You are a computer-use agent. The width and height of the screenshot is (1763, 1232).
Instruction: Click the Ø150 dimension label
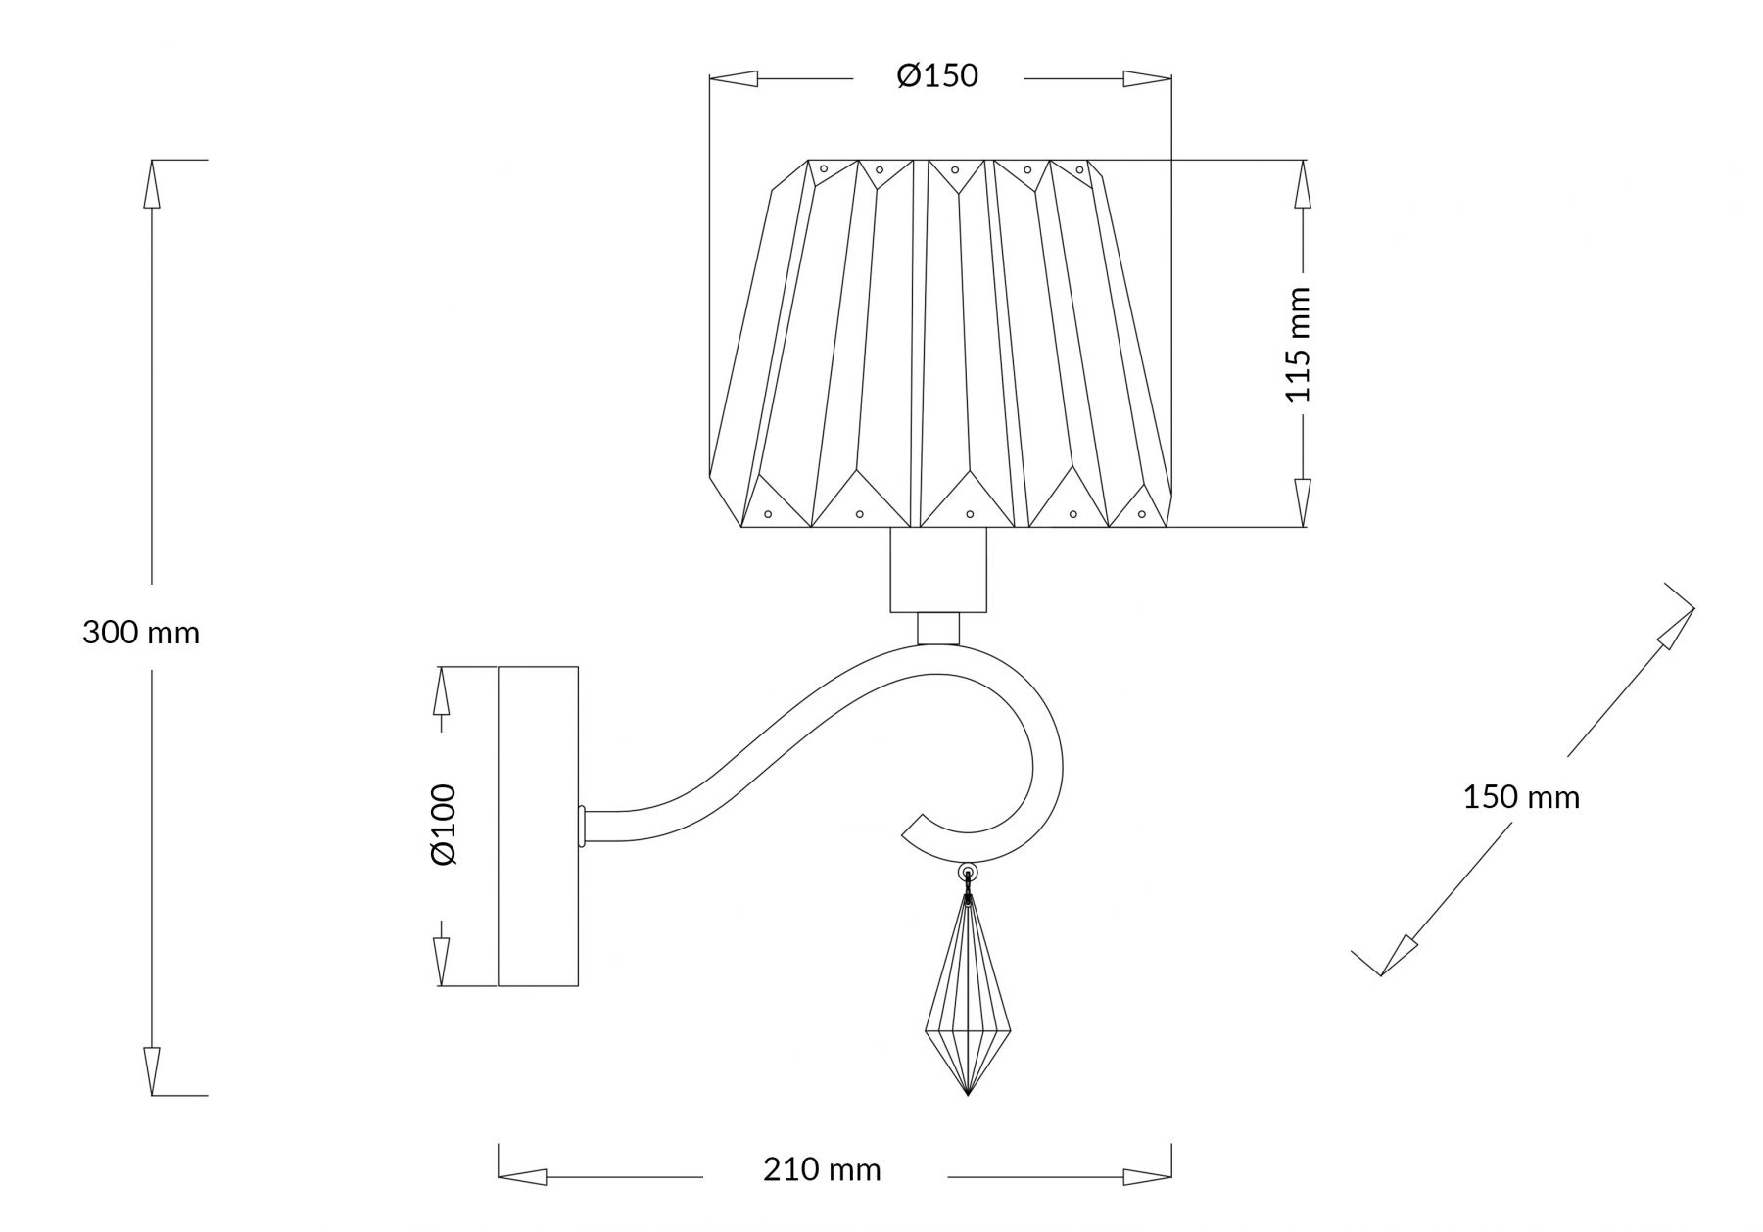(x=937, y=75)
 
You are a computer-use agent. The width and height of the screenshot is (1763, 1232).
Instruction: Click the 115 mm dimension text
(x=1298, y=345)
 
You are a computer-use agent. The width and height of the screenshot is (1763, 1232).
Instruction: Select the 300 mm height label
(x=141, y=633)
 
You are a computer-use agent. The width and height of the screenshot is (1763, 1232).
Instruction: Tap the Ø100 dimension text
(x=444, y=824)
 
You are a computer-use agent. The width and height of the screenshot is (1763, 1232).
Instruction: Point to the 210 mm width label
(x=822, y=1169)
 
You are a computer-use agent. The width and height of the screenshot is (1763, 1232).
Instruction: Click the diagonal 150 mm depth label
(x=1521, y=797)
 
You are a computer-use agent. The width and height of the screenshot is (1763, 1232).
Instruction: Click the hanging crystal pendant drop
(x=967, y=999)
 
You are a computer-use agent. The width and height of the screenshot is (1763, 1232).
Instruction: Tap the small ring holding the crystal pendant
(x=968, y=871)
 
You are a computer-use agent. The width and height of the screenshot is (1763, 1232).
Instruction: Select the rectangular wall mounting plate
(x=538, y=826)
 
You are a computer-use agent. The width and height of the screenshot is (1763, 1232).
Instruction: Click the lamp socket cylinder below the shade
(x=937, y=571)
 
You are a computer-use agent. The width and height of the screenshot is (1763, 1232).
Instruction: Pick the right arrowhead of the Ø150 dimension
(x=1147, y=79)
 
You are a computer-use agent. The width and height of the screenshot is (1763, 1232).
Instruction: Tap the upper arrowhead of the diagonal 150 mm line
(x=1676, y=628)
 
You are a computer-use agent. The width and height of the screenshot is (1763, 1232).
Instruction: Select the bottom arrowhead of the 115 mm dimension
(x=1302, y=502)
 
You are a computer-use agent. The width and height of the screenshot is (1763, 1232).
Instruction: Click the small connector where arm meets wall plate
(x=582, y=826)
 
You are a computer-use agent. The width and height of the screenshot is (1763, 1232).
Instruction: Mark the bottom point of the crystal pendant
(x=967, y=1094)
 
